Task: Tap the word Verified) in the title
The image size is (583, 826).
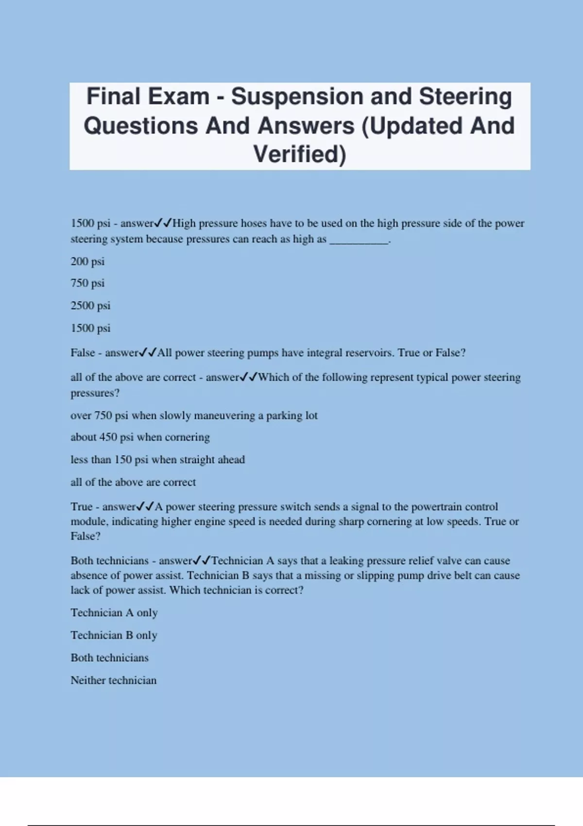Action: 300,155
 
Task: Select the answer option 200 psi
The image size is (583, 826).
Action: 87,261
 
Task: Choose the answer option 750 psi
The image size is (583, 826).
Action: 87,283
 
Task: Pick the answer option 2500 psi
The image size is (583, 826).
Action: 90,306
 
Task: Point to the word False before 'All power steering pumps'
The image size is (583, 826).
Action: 83,353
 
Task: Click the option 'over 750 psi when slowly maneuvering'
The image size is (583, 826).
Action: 194,415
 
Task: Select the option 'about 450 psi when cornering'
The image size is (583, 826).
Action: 140,437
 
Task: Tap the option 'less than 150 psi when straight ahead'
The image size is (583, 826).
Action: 157,460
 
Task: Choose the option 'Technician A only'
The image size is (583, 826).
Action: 114,613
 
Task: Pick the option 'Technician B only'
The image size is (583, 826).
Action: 114,635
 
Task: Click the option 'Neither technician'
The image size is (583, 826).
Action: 114,680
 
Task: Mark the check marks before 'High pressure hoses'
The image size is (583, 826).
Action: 163,224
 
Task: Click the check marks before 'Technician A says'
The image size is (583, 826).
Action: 202,561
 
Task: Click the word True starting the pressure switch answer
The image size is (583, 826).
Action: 81,507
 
